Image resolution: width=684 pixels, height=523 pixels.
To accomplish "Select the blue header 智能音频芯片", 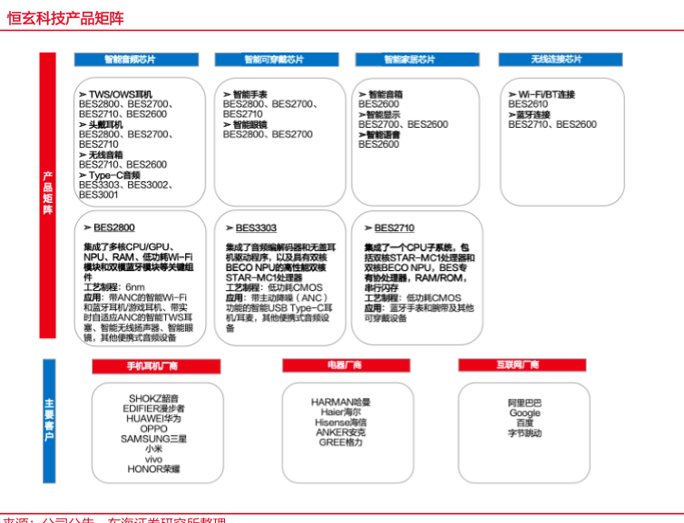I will [130, 60].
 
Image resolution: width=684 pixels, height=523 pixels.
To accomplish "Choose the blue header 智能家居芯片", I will [409, 60].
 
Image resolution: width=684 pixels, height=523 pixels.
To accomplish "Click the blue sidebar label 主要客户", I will [47, 419].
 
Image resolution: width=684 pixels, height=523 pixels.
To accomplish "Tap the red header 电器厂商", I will [345, 365].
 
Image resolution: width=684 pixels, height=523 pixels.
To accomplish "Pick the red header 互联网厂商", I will [517, 365].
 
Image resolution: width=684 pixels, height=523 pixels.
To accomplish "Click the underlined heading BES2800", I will [114, 228].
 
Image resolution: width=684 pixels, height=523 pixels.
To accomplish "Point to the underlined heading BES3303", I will [256, 228].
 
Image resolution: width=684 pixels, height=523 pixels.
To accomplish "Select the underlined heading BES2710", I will [395, 228].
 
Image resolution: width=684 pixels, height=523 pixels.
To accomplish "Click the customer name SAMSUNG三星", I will [153, 439].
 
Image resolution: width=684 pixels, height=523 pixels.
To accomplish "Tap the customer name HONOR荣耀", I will [153, 469].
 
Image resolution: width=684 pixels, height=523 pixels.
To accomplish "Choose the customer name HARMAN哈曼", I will [340, 402].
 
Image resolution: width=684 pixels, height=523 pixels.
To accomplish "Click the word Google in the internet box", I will [524, 413].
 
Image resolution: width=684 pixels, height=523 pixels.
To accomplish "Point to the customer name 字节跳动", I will [524, 434].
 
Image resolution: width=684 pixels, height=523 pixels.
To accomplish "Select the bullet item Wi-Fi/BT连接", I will [546, 94].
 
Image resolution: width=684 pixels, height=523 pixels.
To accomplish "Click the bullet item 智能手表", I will [250, 94].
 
